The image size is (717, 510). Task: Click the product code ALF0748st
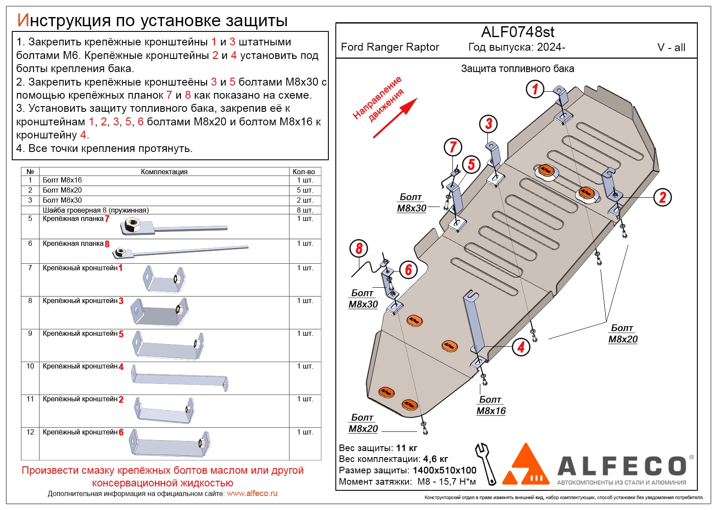(517, 32)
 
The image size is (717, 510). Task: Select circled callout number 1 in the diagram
(535, 89)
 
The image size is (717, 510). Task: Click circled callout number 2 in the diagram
(662, 197)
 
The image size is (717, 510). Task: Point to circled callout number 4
(521, 347)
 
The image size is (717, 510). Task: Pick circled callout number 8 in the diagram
(358, 249)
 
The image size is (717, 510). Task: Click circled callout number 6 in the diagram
(408, 269)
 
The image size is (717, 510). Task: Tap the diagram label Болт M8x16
(491, 405)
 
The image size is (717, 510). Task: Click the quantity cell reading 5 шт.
(305, 190)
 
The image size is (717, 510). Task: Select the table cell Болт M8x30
(62, 200)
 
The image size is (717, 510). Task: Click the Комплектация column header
(164, 172)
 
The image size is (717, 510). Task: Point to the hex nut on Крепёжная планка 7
(131, 225)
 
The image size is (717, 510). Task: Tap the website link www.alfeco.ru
(252, 493)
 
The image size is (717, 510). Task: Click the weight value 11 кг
(407, 448)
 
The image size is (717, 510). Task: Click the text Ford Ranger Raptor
(390, 47)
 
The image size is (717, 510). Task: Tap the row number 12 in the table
(30, 432)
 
